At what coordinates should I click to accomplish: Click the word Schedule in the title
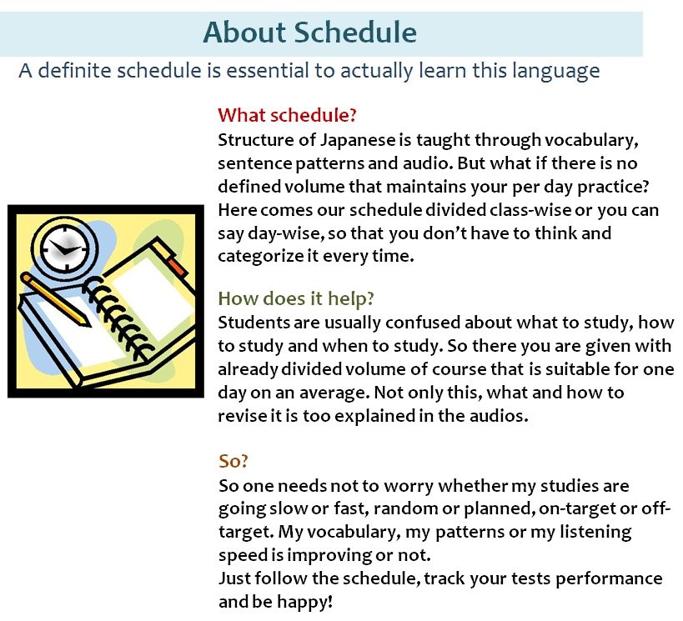pyautogui.click(x=355, y=33)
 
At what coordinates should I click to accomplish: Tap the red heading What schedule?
pyautogui.click(x=287, y=115)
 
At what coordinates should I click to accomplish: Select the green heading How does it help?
pyautogui.click(x=296, y=298)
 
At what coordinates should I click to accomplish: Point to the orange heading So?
pyautogui.click(x=234, y=461)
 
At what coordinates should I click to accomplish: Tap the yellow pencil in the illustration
pyautogui.click(x=56, y=299)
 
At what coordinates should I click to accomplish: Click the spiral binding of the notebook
pyautogui.click(x=118, y=316)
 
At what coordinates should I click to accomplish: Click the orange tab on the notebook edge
pyautogui.click(x=178, y=267)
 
